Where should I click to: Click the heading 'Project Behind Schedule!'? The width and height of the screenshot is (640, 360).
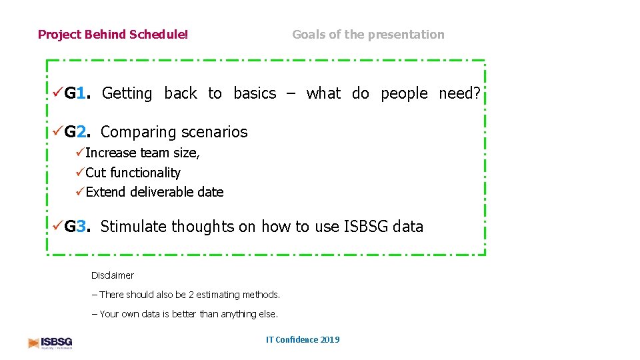tap(113, 35)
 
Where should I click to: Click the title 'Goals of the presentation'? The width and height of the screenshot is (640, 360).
tap(368, 35)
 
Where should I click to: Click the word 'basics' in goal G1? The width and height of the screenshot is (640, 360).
tap(254, 94)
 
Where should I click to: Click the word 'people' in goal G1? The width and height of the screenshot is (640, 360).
tap(404, 94)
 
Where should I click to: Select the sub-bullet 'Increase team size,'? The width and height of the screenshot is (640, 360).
tap(142, 153)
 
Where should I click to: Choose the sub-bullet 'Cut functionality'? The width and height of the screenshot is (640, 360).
tap(133, 173)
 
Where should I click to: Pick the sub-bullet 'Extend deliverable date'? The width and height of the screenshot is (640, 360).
tap(154, 192)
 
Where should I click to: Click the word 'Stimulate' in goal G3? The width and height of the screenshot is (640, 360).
tap(133, 227)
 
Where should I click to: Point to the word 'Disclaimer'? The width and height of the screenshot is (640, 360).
tap(112, 275)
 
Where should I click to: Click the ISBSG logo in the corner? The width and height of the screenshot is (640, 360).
tap(50, 343)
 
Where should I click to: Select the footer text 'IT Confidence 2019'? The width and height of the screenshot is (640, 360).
tap(303, 340)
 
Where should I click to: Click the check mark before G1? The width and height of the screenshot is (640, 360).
tap(58, 94)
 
